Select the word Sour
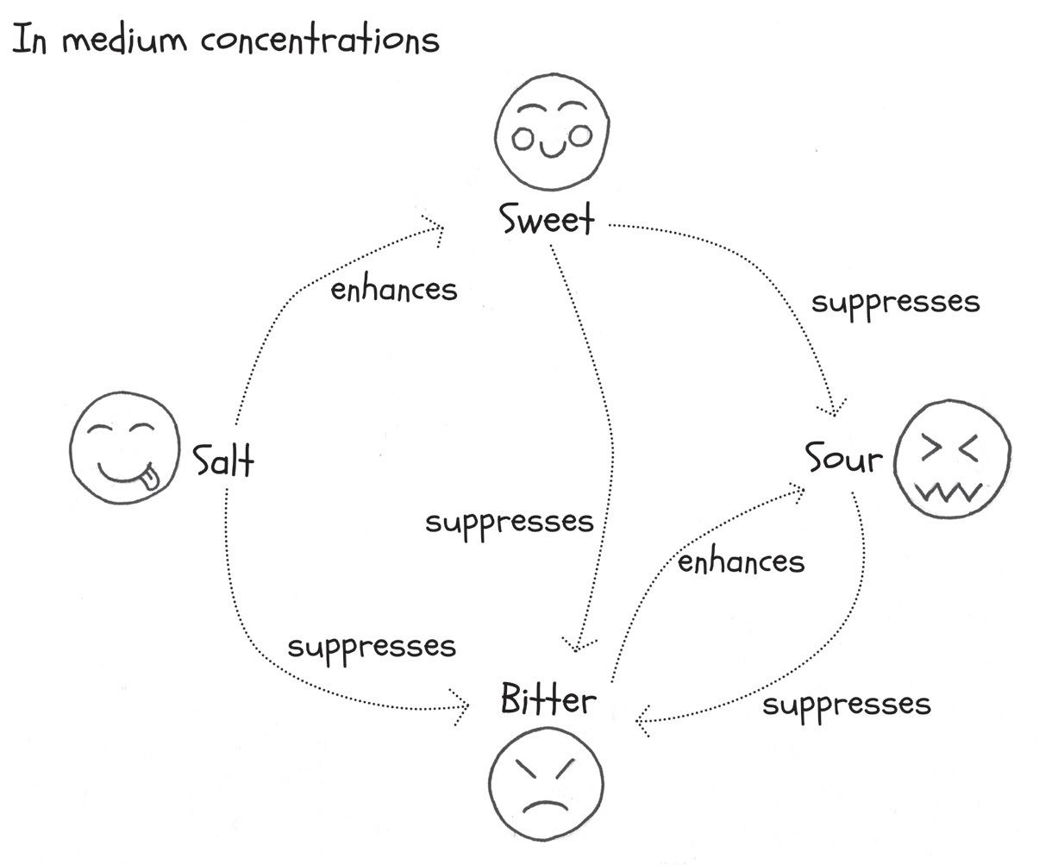point(844,459)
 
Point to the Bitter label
point(548,699)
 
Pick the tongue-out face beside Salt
point(125,447)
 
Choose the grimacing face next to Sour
point(953,459)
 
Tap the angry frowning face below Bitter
point(546,787)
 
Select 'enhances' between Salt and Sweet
point(394,290)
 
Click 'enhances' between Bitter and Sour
point(741,562)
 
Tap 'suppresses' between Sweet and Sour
point(895,303)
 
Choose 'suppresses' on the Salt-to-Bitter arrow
point(372,647)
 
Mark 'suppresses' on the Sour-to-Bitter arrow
point(847,705)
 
